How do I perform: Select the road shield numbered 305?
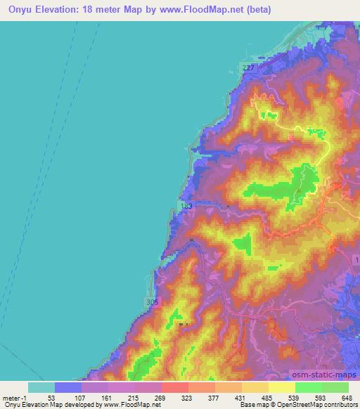pyautogui.click(x=153, y=301)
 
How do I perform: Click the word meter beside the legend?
pyautogui.click(x=12, y=397)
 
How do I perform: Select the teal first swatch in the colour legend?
pyautogui.click(x=41, y=387)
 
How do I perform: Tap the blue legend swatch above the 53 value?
pyautogui.click(x=68, y=387)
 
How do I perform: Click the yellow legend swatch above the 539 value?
pyautogui.click(x=281, y=387)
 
